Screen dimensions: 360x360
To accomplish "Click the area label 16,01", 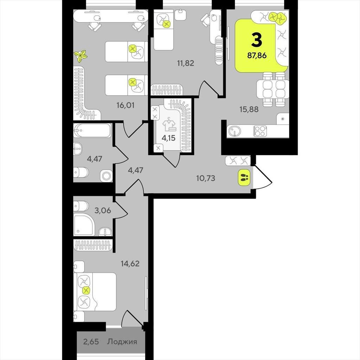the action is click(126, 105).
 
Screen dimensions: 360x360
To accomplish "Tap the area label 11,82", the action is click(186, 63).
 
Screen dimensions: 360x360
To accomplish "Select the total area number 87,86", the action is click(257, 55).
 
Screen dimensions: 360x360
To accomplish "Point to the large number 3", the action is click(257, 39).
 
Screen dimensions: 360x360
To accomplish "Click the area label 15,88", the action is click(249, 109).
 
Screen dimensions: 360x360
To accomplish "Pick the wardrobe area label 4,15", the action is click(168, 138).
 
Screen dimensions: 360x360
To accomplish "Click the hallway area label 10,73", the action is click(206, 178).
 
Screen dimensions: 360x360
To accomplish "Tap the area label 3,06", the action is click(103, 210).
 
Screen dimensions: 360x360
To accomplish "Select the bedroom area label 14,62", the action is click(130, 263).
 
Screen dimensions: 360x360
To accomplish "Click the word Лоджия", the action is click(122, 341).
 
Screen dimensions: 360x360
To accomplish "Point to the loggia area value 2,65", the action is click(91, 342).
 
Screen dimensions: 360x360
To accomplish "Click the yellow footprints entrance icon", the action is click(245, 177).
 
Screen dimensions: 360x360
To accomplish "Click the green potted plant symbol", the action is click(81, 56).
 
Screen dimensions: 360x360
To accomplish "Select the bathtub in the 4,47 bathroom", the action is click(92, 130).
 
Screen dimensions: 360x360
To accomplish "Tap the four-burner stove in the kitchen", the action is click(260, 131).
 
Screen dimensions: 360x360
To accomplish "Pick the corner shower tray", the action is click(84, 225).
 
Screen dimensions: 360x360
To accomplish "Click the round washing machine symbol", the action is click(106, 176).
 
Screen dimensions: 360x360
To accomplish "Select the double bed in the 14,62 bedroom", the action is click(95, 291).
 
